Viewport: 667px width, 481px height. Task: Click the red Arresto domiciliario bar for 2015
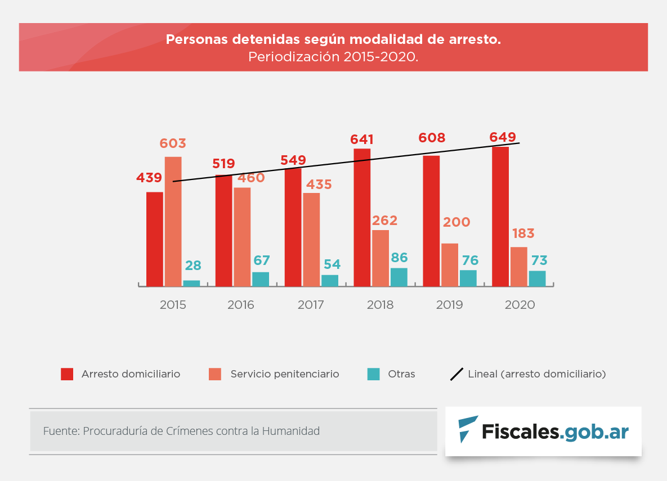(x=155, y=239)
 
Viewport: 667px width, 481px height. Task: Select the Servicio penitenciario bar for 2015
(x=173, y=222)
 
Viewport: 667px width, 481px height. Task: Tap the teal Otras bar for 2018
(x=399, y=277)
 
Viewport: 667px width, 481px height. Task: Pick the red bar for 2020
(x=500, y=217)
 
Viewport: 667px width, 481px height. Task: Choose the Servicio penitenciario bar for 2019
(x=450, y=265)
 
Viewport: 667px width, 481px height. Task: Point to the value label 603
(x=173, y=143)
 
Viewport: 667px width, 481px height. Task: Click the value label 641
(x=362, y=140)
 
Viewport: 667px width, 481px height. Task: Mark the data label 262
(x=384, y=220)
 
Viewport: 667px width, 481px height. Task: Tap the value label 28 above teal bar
(x=193, y=266)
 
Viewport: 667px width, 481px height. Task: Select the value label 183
(x=523, y=233)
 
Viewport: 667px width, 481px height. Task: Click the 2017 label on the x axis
(x=311, y=305)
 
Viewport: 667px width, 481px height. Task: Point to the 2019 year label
(x=449, y=305)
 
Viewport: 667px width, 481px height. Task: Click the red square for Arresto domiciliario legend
(x=67, y=374)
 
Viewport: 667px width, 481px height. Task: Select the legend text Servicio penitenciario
(x=285, y=374)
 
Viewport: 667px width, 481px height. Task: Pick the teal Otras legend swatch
(x=373, y=374)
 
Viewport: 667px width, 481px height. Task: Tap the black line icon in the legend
(x=456, y=374)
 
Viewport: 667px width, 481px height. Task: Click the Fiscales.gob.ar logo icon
(x=467, y=429)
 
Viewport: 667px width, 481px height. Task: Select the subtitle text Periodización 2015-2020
(x=333, y=57)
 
